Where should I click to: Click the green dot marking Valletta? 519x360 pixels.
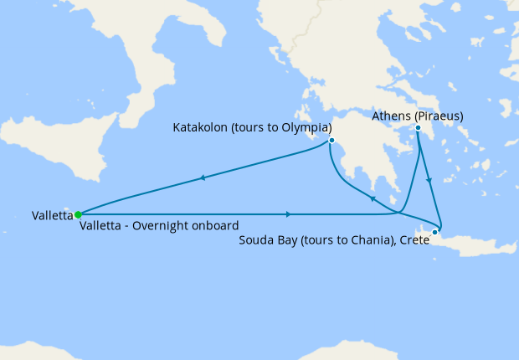coord(78,214)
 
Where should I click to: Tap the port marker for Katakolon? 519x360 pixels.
coord(332,140)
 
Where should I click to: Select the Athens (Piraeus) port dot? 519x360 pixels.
coord(418,128)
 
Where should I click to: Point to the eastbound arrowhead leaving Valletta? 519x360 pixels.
coord(289,214)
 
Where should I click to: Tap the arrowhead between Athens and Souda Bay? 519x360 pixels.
coord(429,180)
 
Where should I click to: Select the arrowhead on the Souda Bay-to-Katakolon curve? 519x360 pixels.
coord(371,199)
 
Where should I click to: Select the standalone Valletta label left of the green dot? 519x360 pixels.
coord(52,215)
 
